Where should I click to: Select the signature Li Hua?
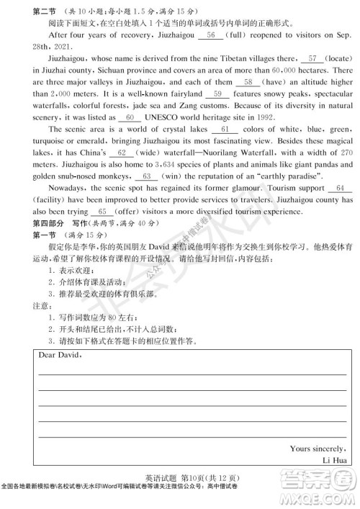(333, 460)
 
